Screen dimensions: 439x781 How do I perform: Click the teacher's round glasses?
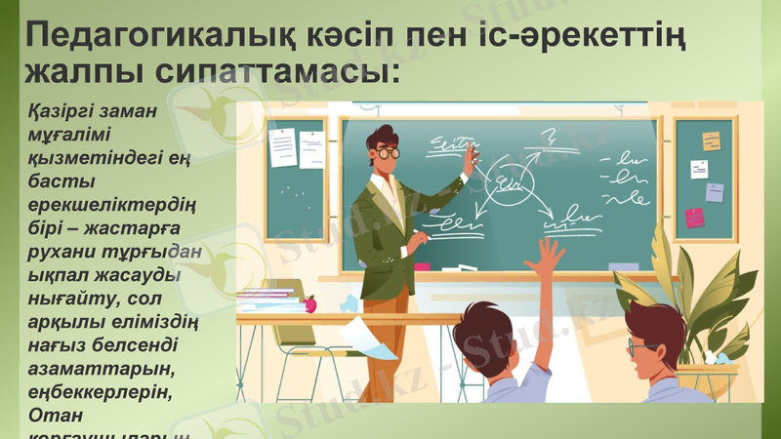point(387,152)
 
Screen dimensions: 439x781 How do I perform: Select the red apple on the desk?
point(310,303)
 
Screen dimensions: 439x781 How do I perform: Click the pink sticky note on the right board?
point(694,217)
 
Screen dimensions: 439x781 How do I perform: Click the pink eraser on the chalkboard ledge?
point(421,265)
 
